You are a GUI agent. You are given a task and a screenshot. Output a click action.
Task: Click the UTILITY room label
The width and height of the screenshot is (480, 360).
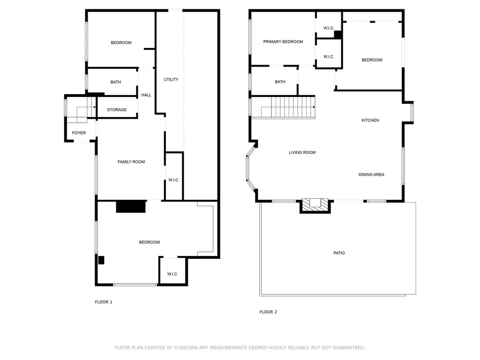click(171, 80)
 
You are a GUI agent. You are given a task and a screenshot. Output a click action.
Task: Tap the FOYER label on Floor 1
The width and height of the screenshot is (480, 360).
click(79, 133)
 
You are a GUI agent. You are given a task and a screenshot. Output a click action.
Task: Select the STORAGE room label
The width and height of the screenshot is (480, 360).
click(117, 110)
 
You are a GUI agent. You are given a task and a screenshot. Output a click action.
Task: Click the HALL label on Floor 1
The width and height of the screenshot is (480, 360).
click(146, 95)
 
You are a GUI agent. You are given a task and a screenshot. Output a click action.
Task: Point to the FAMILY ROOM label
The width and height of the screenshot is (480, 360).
click(131, 162)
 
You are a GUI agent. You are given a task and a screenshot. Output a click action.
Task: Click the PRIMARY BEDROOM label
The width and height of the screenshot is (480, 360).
click(283, 42)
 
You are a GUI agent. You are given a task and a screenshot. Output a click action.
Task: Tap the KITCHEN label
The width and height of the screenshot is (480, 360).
click(370, 120)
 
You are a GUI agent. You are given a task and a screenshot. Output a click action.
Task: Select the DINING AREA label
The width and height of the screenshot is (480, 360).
click(371, 175)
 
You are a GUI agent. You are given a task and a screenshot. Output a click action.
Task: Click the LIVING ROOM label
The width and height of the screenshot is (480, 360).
click(302, 153)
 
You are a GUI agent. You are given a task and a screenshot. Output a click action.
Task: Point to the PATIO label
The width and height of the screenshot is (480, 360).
click(339, 253)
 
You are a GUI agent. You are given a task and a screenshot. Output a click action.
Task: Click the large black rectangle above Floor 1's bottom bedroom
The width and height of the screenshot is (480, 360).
click(131, 207)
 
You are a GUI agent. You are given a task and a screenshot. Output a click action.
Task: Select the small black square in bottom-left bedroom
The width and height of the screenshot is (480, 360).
click(101, 260)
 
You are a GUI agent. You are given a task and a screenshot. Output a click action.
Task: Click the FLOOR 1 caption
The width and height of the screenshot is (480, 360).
click(104, 302)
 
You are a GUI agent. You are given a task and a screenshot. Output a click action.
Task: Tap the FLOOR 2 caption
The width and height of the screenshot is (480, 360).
click(268, 312)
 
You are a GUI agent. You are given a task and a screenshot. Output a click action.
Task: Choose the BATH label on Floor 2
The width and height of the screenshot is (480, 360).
click(280, 82)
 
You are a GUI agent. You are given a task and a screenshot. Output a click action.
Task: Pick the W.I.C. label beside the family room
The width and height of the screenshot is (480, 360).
click(173, 180)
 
